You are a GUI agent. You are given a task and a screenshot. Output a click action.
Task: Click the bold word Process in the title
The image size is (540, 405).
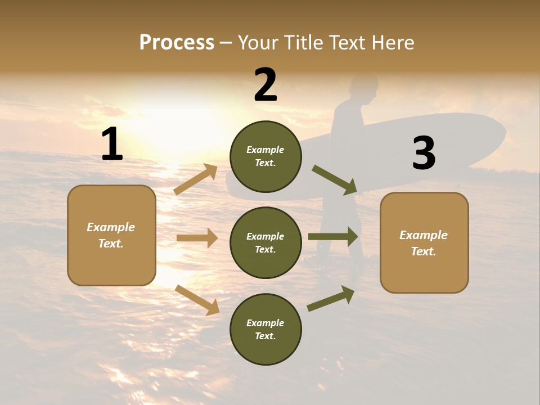click(177, 43)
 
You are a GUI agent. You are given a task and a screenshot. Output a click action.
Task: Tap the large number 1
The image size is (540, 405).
click(112, 145)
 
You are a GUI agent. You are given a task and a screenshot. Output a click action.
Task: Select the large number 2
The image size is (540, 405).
click(265, 85)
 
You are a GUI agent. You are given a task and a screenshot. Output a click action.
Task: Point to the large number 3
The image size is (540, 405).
click(424, 154)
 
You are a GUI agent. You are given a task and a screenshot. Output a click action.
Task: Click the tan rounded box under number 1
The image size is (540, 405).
click(111, 235)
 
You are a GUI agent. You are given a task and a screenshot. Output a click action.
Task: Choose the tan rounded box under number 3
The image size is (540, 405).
click(424, 242)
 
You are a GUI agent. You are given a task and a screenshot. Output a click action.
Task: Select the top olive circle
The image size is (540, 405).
click(265, 156)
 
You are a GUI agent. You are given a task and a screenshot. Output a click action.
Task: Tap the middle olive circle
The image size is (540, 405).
click(265, 242)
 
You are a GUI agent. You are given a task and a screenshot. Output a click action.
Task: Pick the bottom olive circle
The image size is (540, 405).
click(265, 329)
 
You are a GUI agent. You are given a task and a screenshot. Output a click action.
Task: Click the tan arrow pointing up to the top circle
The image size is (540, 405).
click(196, 179)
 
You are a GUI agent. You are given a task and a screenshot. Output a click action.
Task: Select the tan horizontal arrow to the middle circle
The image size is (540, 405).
click(197, 238)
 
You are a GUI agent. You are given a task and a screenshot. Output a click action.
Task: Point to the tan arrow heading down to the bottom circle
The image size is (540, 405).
click(197, 300)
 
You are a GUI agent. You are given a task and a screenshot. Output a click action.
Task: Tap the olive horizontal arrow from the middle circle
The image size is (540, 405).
click(333, 237)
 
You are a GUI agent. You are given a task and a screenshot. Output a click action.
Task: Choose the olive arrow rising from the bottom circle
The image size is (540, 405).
click(331, 299)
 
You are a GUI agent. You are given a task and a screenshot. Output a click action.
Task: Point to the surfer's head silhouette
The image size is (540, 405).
click(362, 88)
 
